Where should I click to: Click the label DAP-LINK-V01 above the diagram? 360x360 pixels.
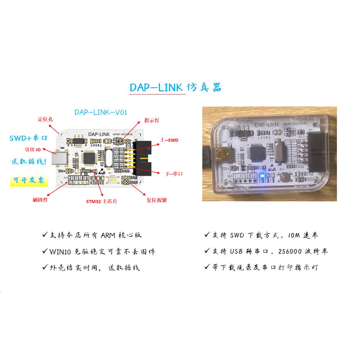(x=101, y=112)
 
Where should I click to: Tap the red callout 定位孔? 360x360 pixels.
(x=46, y=119)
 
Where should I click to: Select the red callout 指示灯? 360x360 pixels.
(x=152, y=120)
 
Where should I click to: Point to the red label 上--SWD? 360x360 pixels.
(x=170, y=140)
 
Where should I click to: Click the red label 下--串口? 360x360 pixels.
(x=174, y=174)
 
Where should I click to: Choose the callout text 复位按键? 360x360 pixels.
(x=156, y=200)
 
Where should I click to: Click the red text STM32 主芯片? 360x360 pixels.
(x=102, y=201)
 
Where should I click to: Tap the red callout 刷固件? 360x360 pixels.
(x=40, y=200)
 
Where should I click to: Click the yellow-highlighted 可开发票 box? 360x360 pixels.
(x=29, y=180)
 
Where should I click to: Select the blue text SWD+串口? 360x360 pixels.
(x=28, y=138)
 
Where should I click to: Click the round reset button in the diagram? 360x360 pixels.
(x=113, y=181)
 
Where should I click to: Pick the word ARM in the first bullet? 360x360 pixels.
(x=108, y=235)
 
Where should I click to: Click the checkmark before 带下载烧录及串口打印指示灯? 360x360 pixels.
(x=207, y=267)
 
